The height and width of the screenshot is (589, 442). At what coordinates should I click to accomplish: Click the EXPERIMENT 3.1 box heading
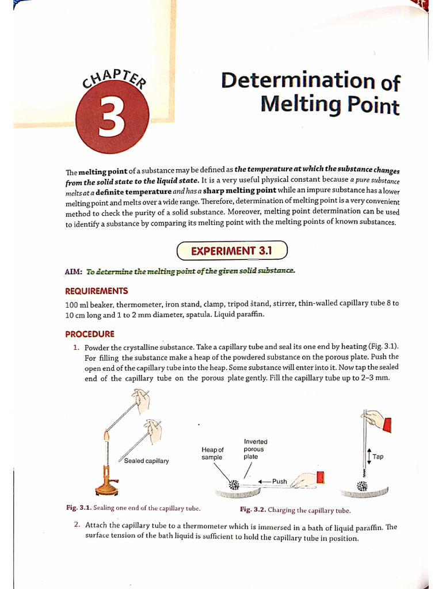click(231, 250)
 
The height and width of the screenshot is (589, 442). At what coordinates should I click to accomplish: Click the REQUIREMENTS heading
click(97, 291)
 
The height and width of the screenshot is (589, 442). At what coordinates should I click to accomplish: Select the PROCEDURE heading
click(90, 334)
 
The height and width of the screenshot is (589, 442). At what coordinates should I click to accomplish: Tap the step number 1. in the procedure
click(76, 347)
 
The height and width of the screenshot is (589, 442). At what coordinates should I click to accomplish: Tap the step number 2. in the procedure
click(77, 525)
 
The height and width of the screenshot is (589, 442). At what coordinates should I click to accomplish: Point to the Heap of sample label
click(212, 453)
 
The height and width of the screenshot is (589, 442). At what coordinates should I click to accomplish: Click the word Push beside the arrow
click(279, 481)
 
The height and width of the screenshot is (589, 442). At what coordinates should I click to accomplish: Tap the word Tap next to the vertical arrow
click(378, 456)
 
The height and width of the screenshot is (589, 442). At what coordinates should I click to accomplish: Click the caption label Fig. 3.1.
click(79, 507)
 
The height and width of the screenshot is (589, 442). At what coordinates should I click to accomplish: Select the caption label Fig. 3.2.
click(253, 510)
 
